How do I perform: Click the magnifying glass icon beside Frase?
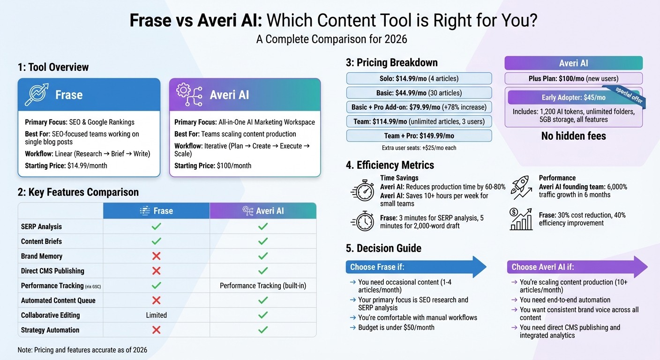(37, 95)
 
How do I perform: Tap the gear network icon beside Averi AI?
(189, 95)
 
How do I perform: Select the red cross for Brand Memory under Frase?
(156, 256)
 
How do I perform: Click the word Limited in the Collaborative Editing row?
(156, 315)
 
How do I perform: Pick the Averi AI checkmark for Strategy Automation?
(263, 330)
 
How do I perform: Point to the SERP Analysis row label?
(41, 226)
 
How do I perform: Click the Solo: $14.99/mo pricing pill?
(419, 78)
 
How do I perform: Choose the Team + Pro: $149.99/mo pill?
(419, 136)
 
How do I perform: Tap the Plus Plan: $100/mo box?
(573, 78)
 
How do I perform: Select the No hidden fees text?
(573, 136)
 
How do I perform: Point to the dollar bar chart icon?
(521, 219)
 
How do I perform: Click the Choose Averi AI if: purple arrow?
(577, 267)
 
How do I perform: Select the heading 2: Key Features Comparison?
(78, 192)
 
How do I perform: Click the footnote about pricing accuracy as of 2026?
(82, 350)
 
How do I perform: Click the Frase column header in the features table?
(156, 211)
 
